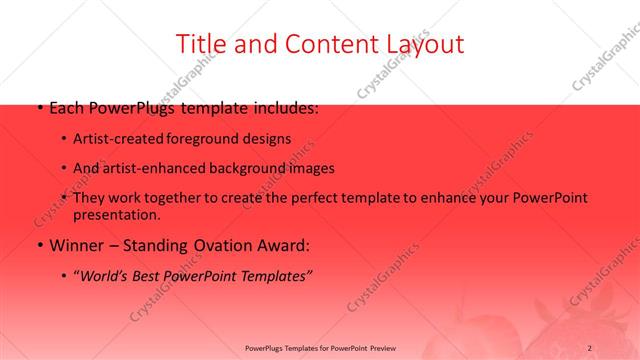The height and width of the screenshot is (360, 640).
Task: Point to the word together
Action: point(187,198)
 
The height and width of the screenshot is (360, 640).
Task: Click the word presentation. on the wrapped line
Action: point(116,214)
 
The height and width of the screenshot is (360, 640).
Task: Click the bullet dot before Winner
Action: point(38,245)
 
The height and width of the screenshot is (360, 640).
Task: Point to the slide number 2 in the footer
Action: point(590,347)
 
